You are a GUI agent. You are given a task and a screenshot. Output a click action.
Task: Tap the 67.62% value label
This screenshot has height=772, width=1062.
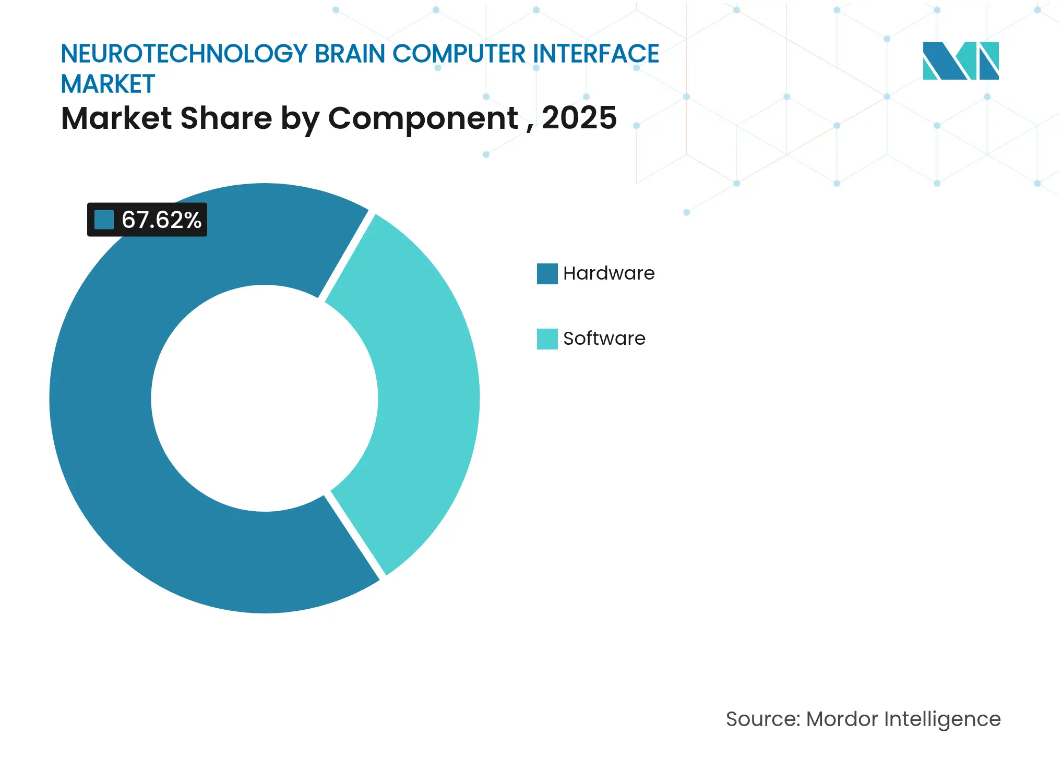161,220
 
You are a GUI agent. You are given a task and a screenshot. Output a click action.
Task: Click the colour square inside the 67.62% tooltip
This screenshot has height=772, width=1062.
104,220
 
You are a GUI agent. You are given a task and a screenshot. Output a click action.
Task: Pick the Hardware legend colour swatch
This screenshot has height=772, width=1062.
547,274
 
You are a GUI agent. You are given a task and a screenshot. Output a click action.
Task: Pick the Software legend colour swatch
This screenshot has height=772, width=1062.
547,339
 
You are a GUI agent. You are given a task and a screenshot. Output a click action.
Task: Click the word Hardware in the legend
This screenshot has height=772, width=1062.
608,273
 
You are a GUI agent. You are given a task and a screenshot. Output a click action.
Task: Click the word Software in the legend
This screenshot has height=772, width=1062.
604,339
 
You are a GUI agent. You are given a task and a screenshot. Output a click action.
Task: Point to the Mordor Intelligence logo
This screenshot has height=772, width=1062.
960,61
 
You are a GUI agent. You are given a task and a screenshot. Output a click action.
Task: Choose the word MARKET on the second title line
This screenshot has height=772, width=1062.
108,84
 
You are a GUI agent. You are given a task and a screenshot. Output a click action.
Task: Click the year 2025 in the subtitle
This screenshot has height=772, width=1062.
579,118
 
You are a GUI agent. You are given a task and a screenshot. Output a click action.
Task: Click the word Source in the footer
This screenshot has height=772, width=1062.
762,719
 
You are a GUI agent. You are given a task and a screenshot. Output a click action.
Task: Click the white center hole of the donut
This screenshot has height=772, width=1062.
265,398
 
